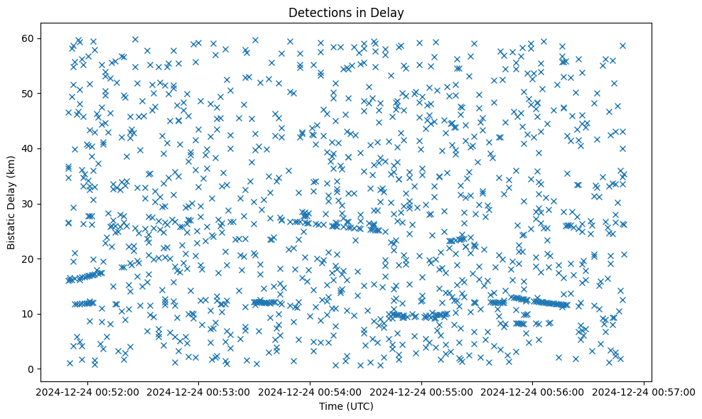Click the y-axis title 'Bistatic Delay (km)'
pyautogui.click(x=11, y=202)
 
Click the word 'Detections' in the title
pyautogui.click(x=318, y=12)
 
